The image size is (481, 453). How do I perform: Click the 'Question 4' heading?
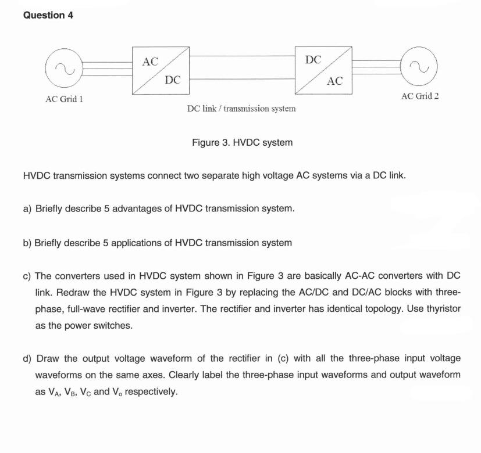pos(48,16)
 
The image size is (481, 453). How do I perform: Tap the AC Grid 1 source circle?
pos(64,70)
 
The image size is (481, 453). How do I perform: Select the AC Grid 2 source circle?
pos(420,69)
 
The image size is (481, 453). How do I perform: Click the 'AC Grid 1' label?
pos(64,99)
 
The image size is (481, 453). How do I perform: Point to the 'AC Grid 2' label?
pos(420,96)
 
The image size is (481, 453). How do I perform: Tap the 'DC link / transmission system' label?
pos(241,109)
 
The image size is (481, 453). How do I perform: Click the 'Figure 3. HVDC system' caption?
pos(242,142)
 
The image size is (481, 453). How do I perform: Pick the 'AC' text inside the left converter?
pos(150,62)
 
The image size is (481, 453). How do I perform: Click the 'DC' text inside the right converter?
pos(313,59)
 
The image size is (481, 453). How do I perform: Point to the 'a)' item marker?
pos(28,208)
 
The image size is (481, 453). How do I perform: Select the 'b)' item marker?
pos(28,242)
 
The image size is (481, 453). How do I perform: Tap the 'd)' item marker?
pos(28,358)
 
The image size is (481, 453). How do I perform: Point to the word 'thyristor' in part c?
pos(441,309)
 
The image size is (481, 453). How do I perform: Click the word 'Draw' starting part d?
pos(48,358)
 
